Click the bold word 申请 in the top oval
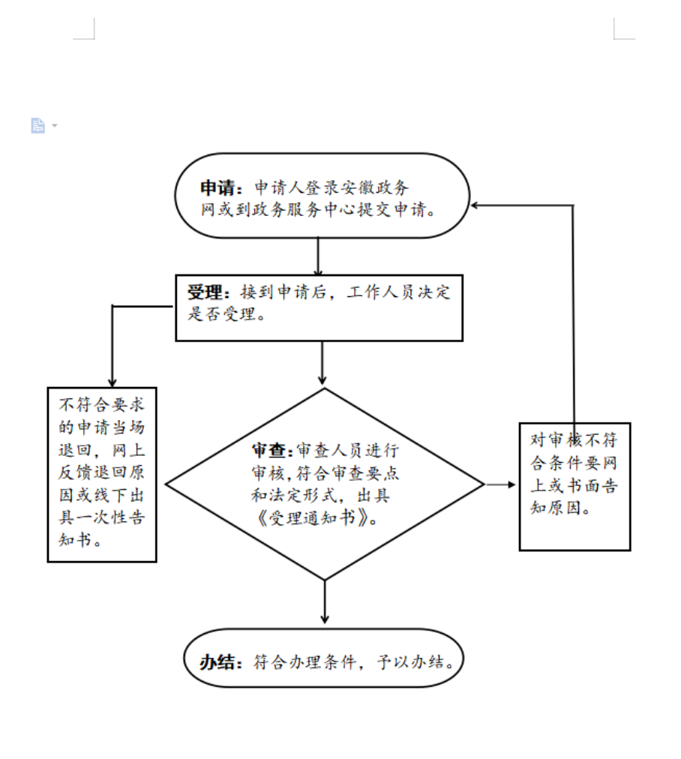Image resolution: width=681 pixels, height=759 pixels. pyautogui.click(x=217, y=187)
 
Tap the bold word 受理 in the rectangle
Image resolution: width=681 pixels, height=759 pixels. pyautogui.click(x=205, y=292)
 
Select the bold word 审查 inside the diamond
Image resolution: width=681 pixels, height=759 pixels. pyautogui.click(x=269, y=451)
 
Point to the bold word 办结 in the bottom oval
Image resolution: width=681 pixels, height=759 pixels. pyautogui.click(x=217, y=661)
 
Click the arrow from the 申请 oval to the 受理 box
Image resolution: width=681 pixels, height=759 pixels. pyautogui.click(x=318, y=256)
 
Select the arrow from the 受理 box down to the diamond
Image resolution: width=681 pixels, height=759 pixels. pyautogui.click(x=322, y=363)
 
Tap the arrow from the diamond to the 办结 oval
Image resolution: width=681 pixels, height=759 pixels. pyautogui.click(x=325, y=601)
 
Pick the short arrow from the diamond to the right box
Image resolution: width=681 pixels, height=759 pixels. pyautogui.click(x=500, y=484)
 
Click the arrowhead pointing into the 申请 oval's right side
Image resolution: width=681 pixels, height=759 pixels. pyautogui.click(x=475, y=205)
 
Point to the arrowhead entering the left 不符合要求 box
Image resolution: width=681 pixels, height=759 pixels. pyautogui.click(x=112, y=383)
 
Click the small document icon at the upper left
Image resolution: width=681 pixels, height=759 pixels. pyautogui.click(x=37, y=125)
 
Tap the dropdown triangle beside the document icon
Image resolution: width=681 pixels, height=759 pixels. pyautogui.click(x=55, y=126)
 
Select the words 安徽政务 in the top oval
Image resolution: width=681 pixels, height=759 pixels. pyautogui.click(x=374, y=187)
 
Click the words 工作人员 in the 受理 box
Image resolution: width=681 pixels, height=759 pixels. pyautogui.click(x=380, y=292)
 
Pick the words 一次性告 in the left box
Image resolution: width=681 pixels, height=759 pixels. pyautogui.click(x=111, y=517)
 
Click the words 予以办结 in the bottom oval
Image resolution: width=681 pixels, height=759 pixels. pyautogui.click(x=411, y=661)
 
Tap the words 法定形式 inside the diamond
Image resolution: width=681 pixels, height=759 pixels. pyautogui.click(x=302, y=495)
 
